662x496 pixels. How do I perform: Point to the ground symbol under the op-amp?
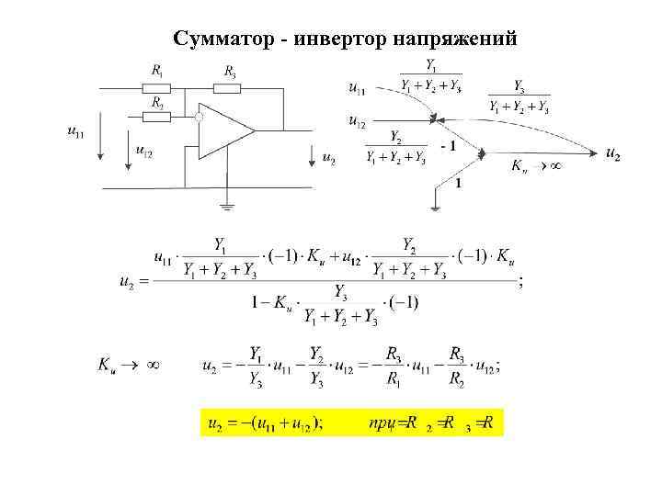pyautogui.click(x=226, y=204)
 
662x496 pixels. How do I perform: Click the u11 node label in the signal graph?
pyautogui.click(x=357, y=88)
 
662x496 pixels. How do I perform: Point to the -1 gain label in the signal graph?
pyautogui.click(x=448, y=146)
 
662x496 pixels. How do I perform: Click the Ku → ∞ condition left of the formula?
pyautogui.click(x=130, y=365)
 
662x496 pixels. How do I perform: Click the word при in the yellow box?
pyautogui.click(x=382, y=423)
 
